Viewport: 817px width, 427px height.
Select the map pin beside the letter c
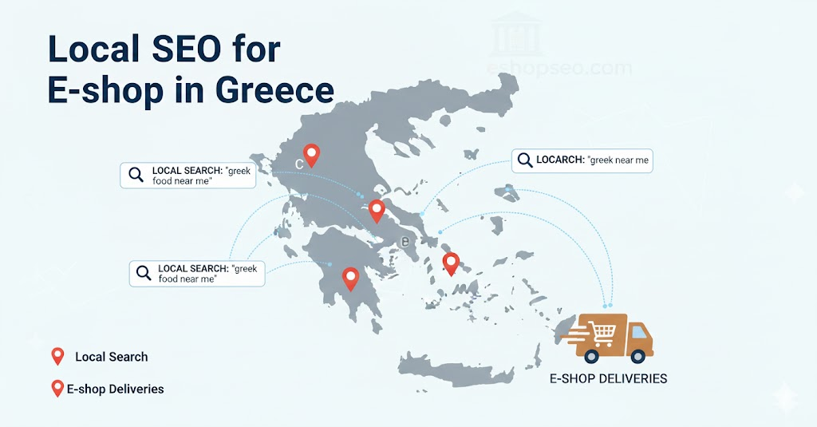click(x=311, y=154)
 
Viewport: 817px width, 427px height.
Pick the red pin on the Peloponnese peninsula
click(x=350, y=277)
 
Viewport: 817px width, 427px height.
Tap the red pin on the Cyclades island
click(x=451, y=263)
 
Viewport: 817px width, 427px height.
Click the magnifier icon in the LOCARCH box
click(x=525, y=160)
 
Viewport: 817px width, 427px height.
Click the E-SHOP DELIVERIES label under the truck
click(x=609, y=378)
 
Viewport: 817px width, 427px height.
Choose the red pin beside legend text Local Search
click(x=57, y=356)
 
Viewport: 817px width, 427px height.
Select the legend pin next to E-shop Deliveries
click(x=57, y=389)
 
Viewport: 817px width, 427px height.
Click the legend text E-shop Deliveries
click(x=116, y=389)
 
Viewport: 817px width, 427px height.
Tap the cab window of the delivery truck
click(x=638, y=330)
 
